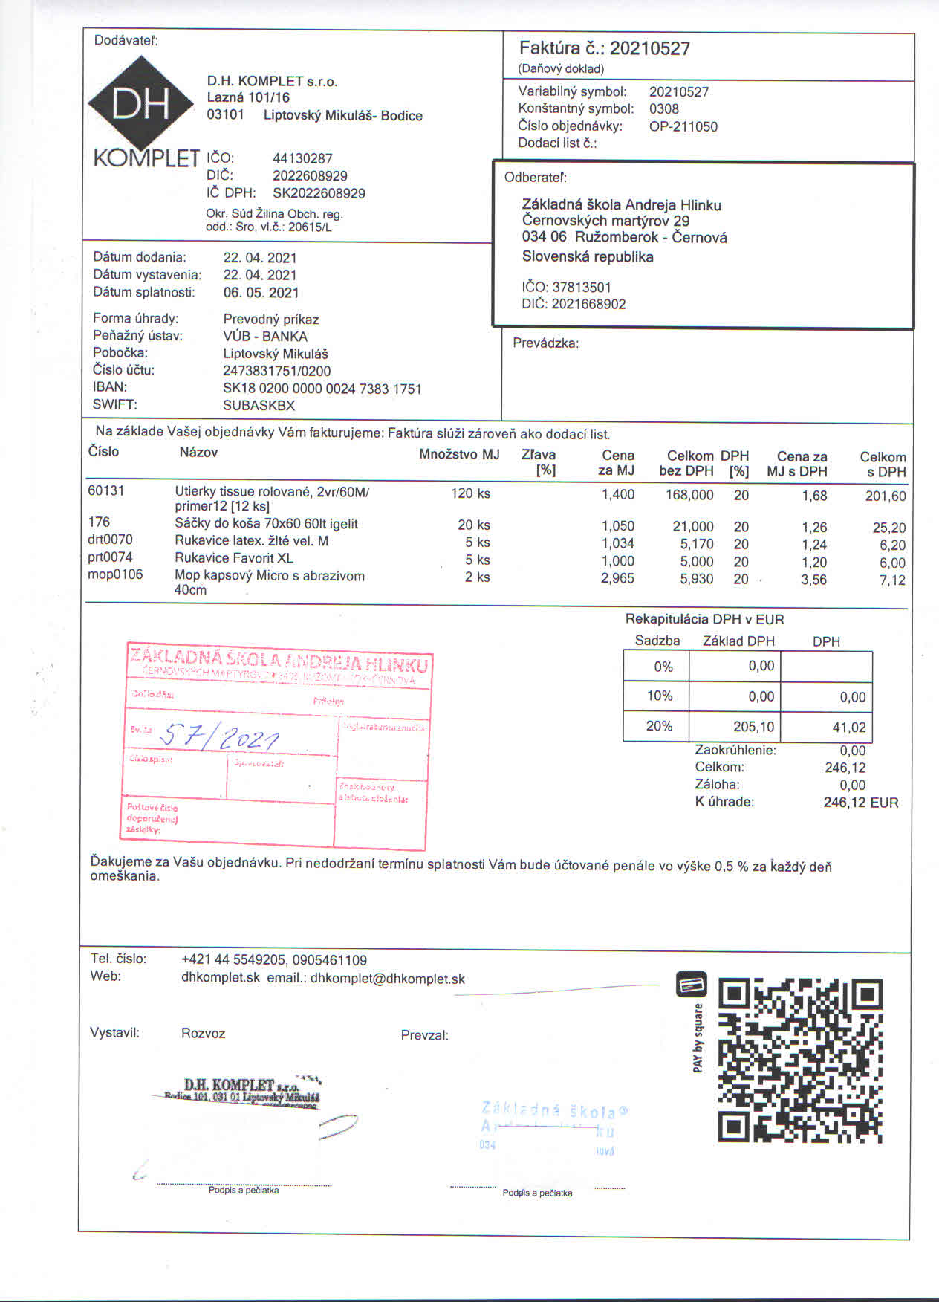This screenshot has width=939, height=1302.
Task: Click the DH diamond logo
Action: [142, 104]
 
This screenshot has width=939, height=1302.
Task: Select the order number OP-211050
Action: [683, 126]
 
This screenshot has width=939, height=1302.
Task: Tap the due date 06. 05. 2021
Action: [261, 293]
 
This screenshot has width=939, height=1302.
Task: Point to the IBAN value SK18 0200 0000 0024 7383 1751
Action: [322, 389]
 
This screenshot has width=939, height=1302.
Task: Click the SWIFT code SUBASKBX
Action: [259, 406]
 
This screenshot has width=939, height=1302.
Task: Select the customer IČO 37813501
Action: [582, 288]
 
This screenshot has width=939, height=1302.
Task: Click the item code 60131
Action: [106, 490]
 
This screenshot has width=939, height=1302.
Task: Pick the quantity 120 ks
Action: [470, 493]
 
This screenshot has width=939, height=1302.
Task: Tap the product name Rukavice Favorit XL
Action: [234, 558]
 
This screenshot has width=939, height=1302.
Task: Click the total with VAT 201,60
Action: [885, 496]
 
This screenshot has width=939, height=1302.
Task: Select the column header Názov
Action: [198, 453]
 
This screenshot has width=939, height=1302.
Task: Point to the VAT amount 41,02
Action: [849, 728]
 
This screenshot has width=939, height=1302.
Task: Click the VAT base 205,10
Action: [753, 727]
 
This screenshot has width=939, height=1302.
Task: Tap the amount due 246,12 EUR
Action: [860, 803]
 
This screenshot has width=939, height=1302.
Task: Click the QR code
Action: [799, 1060]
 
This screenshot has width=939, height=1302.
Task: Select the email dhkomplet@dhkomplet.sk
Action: [387, 979]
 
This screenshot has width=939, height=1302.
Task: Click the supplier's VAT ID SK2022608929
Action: [319, 194]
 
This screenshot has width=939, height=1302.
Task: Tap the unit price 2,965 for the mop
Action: [617, 579]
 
